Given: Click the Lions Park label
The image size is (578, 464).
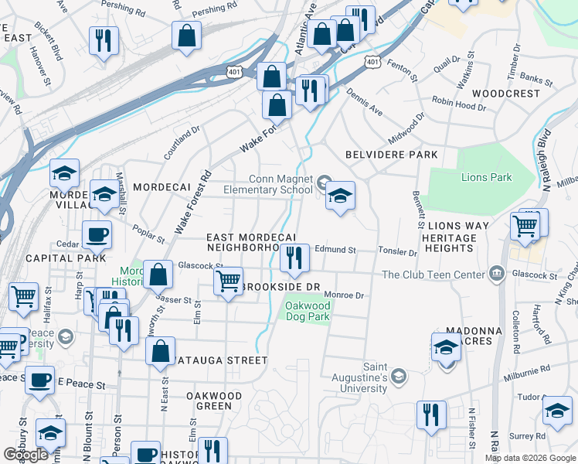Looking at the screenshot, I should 486,177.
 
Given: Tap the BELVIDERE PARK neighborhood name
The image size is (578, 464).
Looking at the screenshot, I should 391,155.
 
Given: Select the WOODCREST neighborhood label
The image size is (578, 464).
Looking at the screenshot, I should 505,93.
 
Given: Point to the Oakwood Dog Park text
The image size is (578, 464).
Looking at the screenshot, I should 308,311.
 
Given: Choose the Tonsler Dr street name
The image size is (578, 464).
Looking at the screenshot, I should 398,251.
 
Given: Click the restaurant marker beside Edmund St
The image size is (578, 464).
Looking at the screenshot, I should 294,258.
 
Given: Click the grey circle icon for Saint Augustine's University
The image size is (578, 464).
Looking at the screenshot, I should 398,377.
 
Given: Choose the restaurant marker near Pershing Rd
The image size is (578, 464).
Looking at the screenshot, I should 103,40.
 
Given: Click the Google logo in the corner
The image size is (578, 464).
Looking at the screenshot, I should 25,455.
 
